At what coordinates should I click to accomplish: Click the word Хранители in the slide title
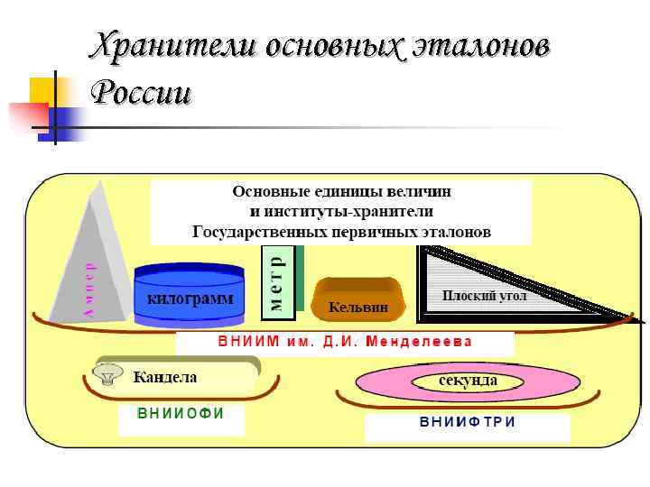pos(172,46)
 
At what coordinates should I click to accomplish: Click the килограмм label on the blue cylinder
pos(189,299)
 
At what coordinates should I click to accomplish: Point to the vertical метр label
pos(277,280)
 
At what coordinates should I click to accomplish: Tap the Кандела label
pos(165,376)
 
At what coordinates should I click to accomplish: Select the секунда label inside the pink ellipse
pos(468,381)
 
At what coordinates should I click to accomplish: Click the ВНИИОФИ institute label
pos(181,413)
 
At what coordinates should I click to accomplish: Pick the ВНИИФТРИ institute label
pos(467,422)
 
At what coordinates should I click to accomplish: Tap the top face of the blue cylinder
pos(189,271)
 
